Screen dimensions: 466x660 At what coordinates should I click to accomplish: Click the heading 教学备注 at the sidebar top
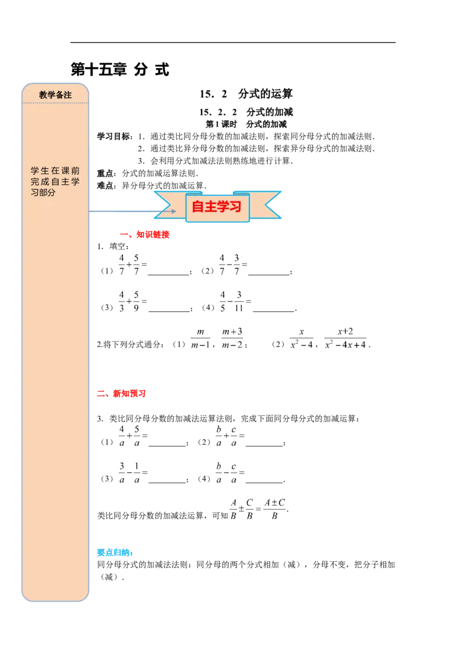[55, 94]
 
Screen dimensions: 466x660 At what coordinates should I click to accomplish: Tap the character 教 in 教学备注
[43, 94]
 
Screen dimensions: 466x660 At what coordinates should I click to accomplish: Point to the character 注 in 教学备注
[68, 94]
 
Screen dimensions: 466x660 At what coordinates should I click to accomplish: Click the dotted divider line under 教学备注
[55, 103]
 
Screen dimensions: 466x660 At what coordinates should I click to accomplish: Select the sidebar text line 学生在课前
[55, 171]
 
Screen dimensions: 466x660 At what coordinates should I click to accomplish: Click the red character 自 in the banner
[198, 207]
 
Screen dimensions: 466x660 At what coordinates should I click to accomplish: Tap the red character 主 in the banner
[210, 207]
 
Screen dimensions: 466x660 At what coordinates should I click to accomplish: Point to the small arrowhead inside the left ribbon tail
[173, 211]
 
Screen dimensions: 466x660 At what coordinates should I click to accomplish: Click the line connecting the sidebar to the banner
[122, 211]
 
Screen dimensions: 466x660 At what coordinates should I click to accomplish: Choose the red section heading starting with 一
[144, 235]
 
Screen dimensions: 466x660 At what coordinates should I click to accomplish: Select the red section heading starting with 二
[121, 394]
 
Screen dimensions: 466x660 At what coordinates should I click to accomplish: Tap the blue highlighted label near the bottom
[115, 553]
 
